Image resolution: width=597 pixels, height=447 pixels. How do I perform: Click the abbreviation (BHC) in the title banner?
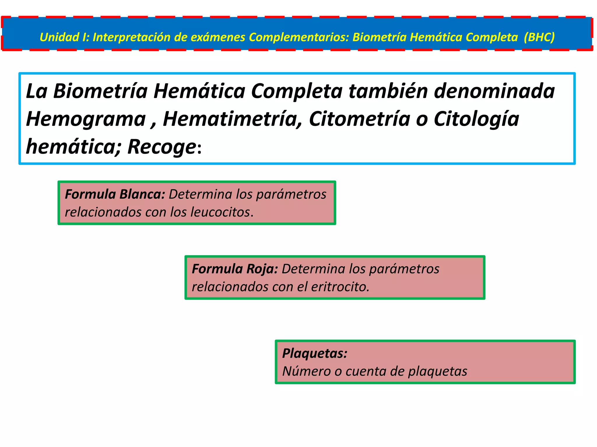pyautogui.click(x=539, y=37)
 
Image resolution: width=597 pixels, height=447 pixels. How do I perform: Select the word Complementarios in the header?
pyautogui.click(x=299, y=37)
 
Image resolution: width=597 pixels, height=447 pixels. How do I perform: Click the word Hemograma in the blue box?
pyautogui.click(x=86, y=119)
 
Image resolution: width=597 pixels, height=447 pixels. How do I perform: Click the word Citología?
pyautogui.click(x=476, y=119)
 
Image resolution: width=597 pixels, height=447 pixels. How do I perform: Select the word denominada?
pyautogui.click(x=494, y=91)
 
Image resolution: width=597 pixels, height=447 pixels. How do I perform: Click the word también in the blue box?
pyautogui.click(x=388, y=91)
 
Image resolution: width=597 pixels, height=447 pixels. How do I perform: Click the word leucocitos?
pyautogui.click(x=220, y=212)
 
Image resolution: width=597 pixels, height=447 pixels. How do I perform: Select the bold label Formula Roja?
pyautogui.click(x=235, y=269)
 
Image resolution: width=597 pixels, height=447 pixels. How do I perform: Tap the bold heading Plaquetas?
pyautogui.click(x=315, y=353)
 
